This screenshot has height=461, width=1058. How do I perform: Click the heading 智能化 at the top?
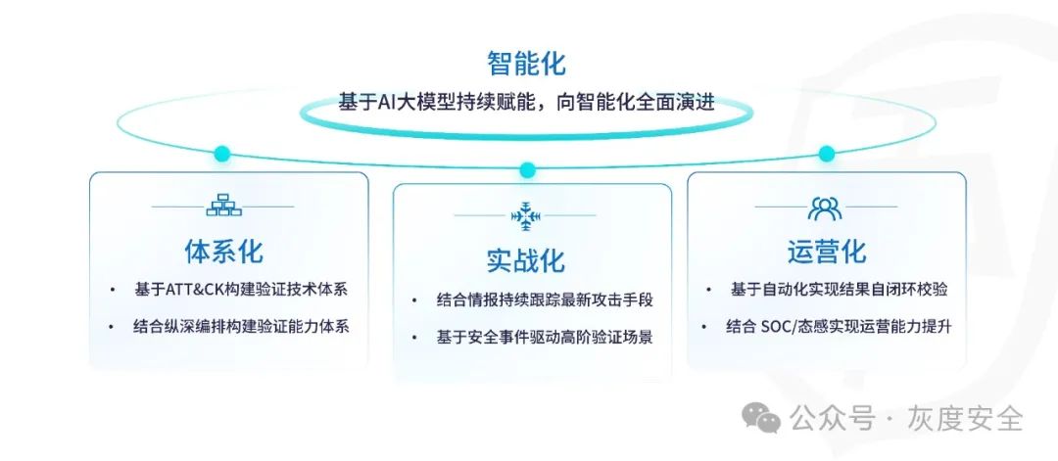point(526,65)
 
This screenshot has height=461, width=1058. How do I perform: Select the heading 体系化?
point(224,252)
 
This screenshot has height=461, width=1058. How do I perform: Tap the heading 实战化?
point(526,261)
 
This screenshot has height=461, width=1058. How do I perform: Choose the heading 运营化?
point(826,252)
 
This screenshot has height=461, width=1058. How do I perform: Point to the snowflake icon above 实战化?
point(526,215)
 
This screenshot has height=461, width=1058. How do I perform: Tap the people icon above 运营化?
point(825,207)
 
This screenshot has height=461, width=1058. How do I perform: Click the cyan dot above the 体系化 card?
point(222,154)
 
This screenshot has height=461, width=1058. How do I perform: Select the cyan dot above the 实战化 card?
point(527,170)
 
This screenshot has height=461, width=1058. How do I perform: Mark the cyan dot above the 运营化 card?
point(827,154)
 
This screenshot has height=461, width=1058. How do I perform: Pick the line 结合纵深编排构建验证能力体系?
point(241,327)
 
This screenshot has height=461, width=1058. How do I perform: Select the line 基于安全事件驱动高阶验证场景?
point(545,337)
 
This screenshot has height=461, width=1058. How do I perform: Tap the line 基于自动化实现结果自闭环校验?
point(839,291)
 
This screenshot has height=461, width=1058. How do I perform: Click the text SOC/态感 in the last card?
point(802,327)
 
